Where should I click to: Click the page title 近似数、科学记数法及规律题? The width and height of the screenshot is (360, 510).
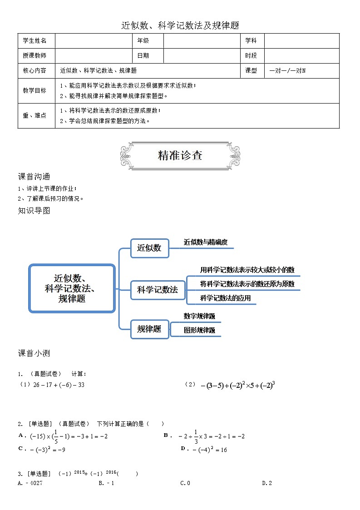coord(180,25)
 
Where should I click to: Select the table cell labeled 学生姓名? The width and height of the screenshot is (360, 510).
coord(35,41)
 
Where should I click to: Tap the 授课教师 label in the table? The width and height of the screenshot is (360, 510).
coord(35,56)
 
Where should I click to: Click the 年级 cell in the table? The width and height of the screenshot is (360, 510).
coord(143,41)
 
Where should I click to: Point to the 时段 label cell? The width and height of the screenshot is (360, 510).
coord(251,56)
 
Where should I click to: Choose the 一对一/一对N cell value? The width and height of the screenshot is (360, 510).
coord(287,71)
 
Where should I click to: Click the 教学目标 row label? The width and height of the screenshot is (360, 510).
coord(35,91)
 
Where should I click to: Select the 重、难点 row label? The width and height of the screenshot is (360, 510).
coord(35,116)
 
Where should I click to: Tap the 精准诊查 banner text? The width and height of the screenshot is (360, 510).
coord(180,155)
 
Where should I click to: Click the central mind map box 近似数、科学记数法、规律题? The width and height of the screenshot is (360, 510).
coord(72,288)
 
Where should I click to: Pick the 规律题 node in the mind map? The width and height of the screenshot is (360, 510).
coord(149,329)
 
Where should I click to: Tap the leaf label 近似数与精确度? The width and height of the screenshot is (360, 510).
coord(206,243)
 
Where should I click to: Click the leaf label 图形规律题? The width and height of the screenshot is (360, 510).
coord(199,331)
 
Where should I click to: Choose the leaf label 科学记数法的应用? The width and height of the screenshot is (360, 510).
coord(225,298)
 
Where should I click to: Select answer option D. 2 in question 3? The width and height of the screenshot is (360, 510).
coord(267,483)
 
